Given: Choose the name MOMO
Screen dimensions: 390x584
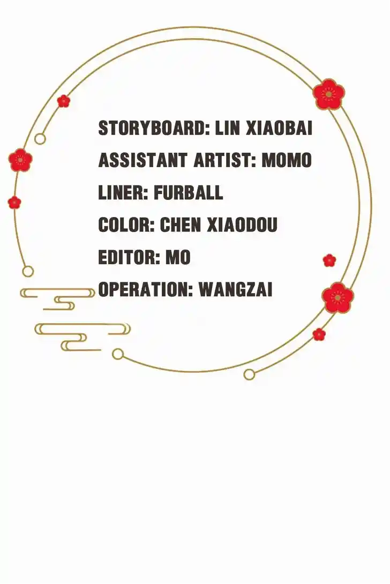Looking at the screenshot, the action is [287, 161].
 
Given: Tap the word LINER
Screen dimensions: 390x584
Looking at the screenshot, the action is [123, 192].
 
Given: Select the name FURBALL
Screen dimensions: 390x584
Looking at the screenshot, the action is [189, 192].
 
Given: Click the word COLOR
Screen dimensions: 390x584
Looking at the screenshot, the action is [126, 225].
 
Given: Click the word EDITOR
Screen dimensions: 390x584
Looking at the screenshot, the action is [129, 257].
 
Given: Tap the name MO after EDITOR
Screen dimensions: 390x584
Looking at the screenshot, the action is [178, 257].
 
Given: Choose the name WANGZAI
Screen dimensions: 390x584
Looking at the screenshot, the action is [236, 289].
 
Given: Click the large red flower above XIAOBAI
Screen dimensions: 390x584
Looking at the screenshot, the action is [328, 94].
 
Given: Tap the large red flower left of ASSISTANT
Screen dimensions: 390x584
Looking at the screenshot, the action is [20, 160].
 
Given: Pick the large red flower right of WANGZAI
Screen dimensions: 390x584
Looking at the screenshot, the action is [338, 297].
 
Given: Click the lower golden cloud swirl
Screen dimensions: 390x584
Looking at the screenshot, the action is [82, 337].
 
